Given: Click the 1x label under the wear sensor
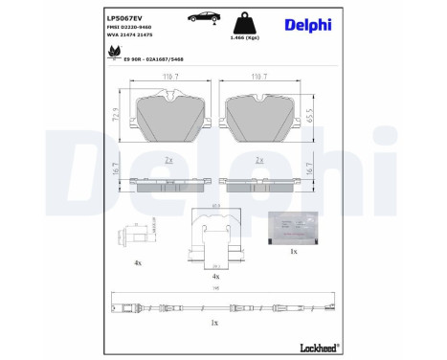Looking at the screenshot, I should point(214,324).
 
